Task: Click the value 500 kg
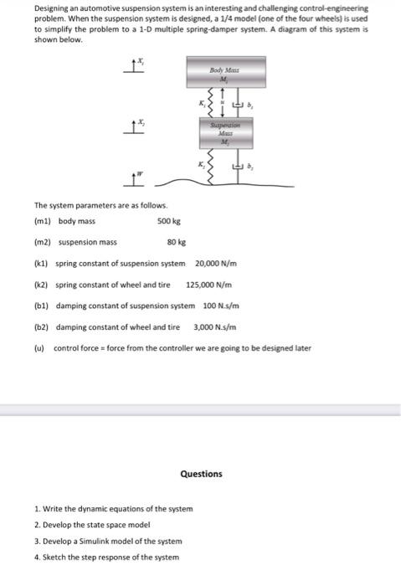[168, 221]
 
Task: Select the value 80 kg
[176, 242]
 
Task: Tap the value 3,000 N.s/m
[215, 326]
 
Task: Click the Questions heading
[201, 474]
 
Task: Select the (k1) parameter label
[42, 264]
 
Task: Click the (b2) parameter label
[42, 326]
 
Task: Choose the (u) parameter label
[40, 347]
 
